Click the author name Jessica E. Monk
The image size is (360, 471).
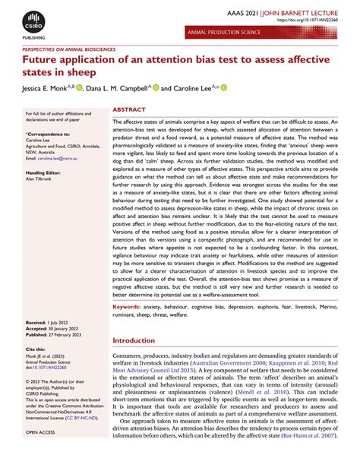click(54, 88)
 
